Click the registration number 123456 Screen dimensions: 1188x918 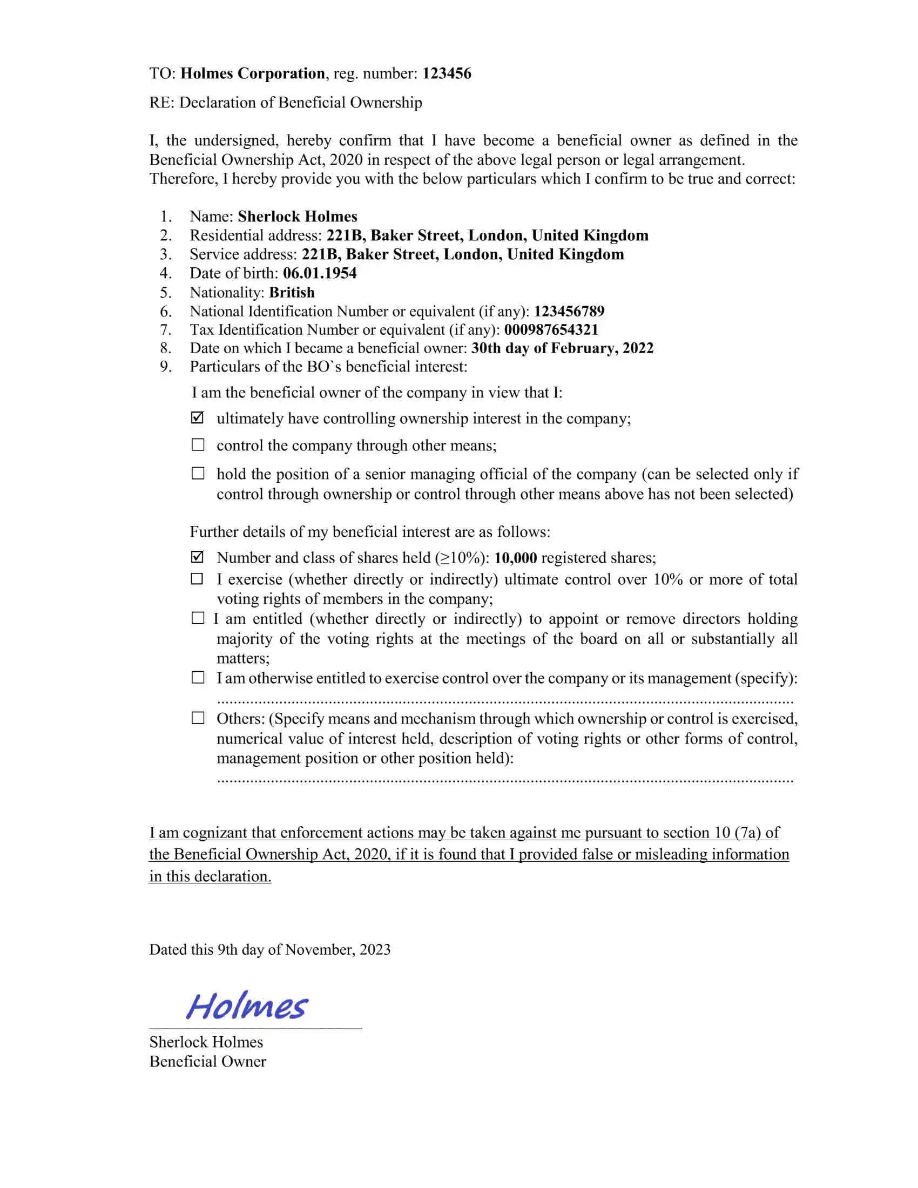tap(447, 73)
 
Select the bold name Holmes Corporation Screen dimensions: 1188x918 tap(252, 73)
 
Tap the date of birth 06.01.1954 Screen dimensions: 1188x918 tap(320, 273)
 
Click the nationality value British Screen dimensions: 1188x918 tap(292, 292)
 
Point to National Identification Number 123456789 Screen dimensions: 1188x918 tap(569, 311)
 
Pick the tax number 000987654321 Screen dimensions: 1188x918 tap(551, 329)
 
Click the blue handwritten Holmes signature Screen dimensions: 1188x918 tap(247, 1005)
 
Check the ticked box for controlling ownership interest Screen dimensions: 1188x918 tap(198, 418)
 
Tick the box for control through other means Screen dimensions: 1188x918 tap(198, 445)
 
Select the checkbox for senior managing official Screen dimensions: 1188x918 tap(198, 473)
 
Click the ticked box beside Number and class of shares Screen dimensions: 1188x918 tap(198, 557)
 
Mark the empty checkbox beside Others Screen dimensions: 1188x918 tap(198, 718)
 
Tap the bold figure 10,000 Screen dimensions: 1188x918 tap(515, 558)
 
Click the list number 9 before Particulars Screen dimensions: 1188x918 tap(165, 367)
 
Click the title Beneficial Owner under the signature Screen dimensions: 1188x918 tap(208, 1061)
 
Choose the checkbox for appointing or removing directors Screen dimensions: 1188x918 tap(198, 618)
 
